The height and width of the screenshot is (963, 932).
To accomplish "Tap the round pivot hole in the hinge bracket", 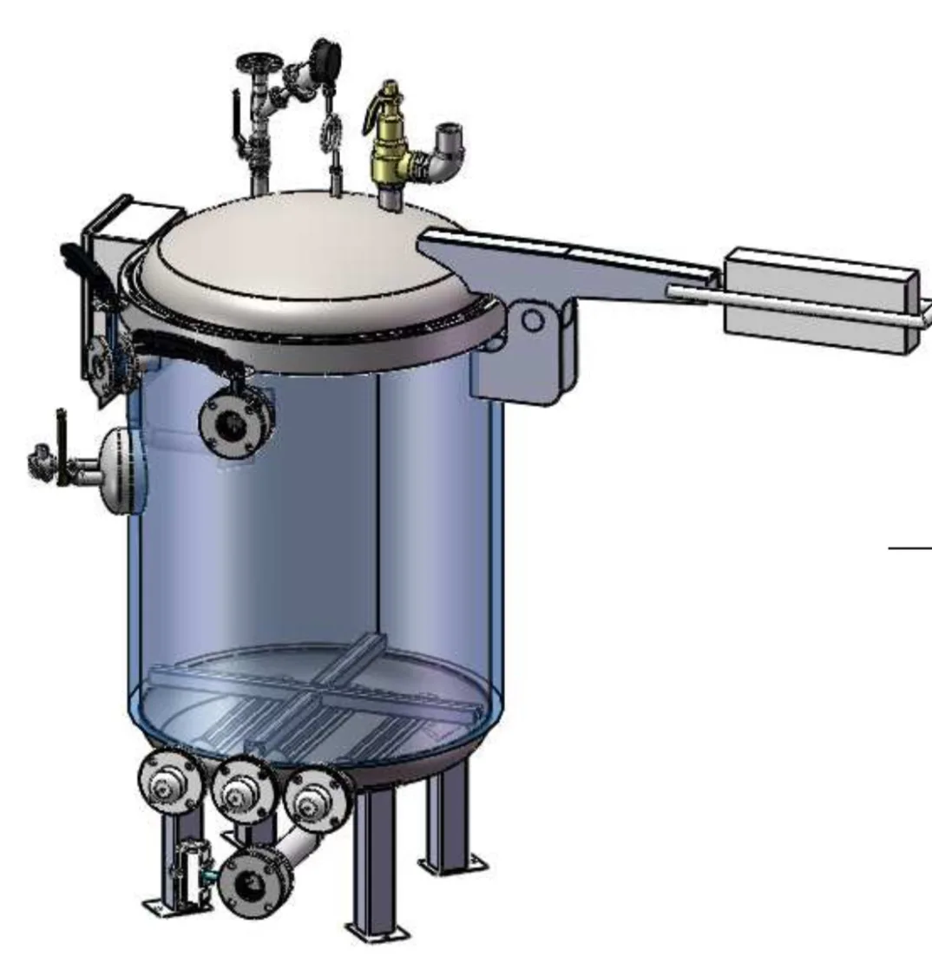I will pyautogui.click(x=531, y=320).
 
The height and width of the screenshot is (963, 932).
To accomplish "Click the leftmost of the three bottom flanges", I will pyautogui.click(x=170, y=783).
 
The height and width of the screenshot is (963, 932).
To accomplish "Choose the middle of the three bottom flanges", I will pyautogui.click(x=243, y=790).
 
